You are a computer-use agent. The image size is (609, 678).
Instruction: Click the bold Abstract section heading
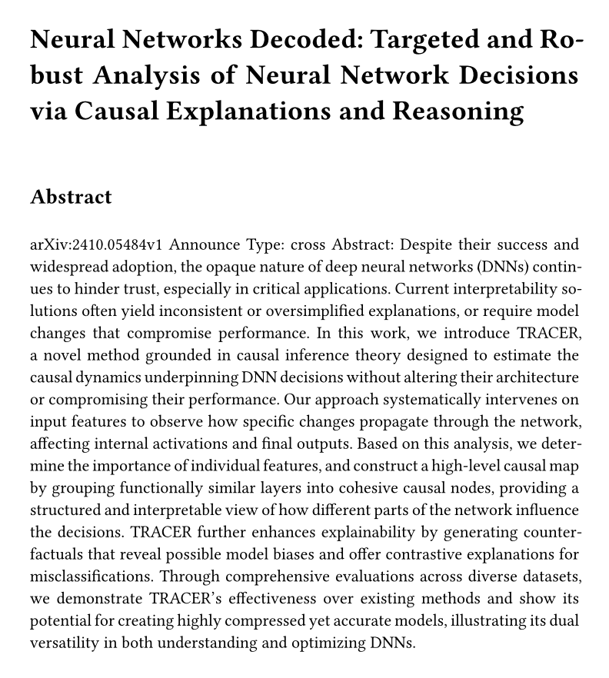pos(71,197)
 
